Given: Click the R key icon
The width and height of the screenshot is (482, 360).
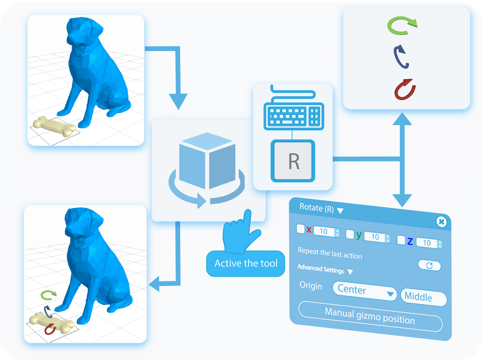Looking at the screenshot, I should click(x=293, y=161).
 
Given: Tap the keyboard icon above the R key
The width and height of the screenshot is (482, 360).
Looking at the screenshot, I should click(x=293, y=113).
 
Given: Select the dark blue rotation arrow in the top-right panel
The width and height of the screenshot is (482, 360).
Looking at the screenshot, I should click(x=402, y=57).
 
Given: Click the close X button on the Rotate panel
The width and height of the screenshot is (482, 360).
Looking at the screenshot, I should click(x=441, y=222).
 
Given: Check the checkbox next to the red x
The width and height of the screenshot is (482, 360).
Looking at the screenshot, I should click(x=300, y=229).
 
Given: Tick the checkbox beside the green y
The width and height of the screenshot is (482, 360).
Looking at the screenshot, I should click(x=350, y=234).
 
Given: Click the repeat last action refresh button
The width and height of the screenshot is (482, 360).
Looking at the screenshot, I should click(x=429, y=265).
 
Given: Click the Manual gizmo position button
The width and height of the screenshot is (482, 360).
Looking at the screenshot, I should click(x=370, y=317).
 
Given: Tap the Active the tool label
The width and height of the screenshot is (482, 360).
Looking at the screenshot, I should click(x=246, y=263).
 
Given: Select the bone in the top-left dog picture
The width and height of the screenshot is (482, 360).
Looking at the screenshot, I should click(x=54, y=126).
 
